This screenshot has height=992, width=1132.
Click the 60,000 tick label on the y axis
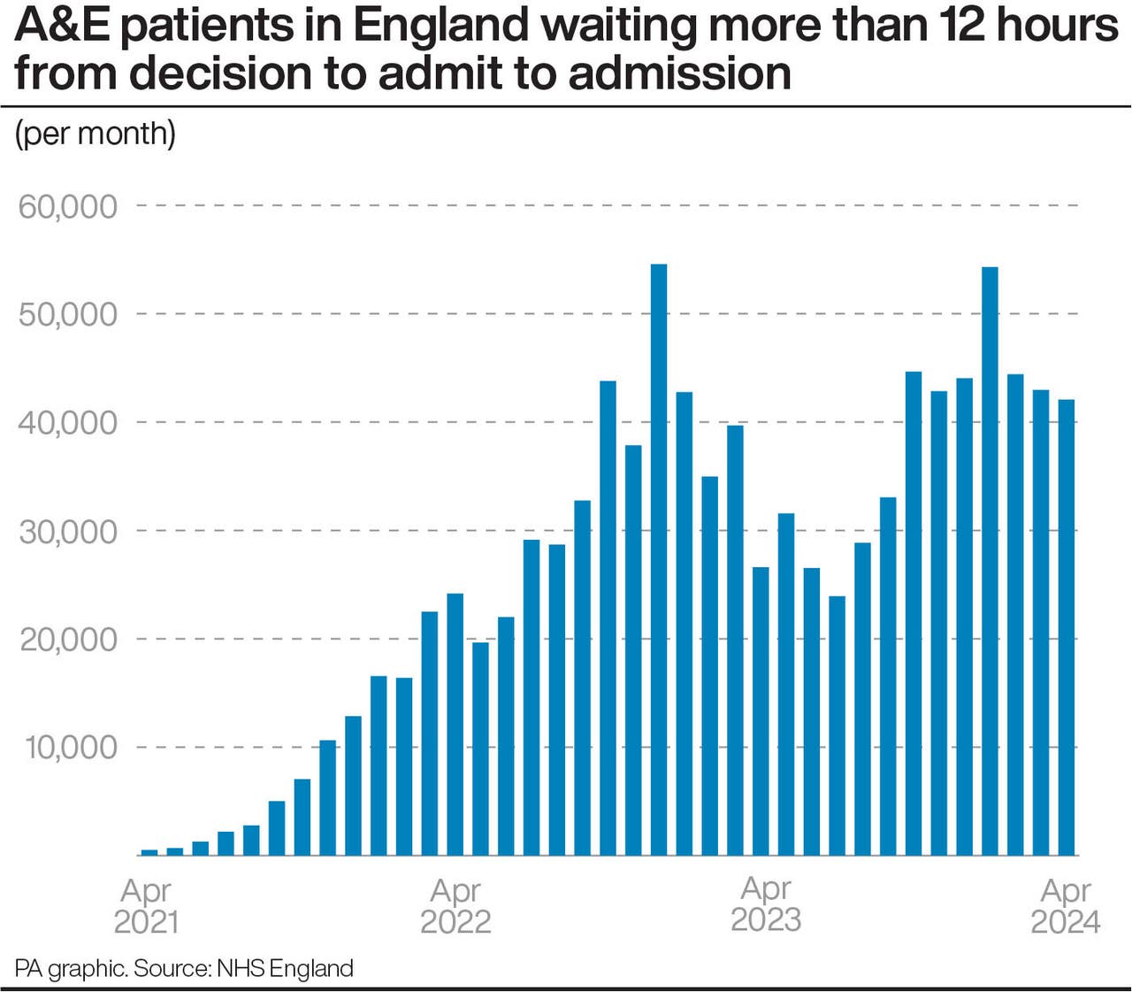tap(68, 206)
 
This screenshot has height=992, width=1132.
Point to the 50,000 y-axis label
tap(68, 314)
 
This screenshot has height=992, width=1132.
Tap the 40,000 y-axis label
tap(68, 422)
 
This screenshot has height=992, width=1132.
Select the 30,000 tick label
tap(68, 531)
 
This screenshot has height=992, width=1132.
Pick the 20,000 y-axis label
tap(68, 639)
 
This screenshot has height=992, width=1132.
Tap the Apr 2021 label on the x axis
tap(146, 905)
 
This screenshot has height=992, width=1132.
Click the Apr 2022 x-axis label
tap(455, 905)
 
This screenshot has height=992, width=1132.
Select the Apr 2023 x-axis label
tap(766, 904)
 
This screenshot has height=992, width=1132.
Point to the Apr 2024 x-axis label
tap(1066, 905)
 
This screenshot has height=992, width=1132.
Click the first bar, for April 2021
tap(149, 852)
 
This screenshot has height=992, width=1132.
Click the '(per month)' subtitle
tap(96, 134)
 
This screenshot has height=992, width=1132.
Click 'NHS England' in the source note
tap(285, 968)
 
